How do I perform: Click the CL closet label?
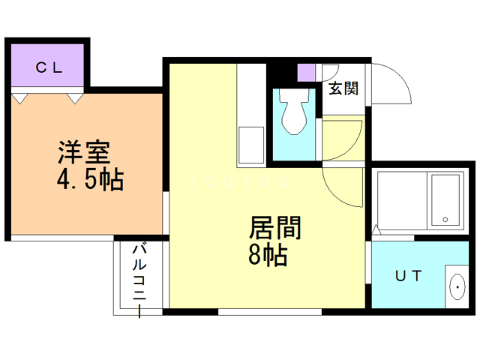(x=49, y=67)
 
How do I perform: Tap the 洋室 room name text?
(x=85, y=152)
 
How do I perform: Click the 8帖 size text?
(x=267, y=256)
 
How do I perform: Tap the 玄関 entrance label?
(x=343, y=88)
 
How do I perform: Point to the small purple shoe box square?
(x=306, y=73)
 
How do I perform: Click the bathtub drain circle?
(x=445, y=219)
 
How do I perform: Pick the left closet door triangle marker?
(x=20, y=97)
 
